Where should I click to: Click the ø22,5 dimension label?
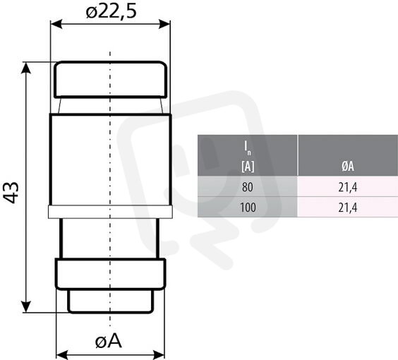[111, 12]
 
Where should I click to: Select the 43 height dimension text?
[12, 193]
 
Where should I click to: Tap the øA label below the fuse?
[109, 341]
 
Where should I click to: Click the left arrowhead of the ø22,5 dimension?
[56, 25]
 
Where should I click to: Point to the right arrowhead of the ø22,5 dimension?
[164, 25]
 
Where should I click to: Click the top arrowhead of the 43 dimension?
[26, 68]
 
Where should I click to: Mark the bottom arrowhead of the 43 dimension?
[26, 307]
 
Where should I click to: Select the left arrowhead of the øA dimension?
[61, 354]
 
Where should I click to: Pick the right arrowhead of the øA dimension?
[159, 354]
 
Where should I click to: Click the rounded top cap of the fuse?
[110, 80]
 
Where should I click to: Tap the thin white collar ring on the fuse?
[110, 212]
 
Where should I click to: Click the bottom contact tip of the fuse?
[110, 301]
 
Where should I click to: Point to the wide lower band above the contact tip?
[110, 274]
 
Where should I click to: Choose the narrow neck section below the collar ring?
[109, 238]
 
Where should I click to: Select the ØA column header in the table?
[348, 167]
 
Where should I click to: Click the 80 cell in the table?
[248, 187]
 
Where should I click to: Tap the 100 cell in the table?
[248, 208]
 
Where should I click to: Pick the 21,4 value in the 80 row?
[348, 187]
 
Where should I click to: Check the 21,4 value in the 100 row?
[348, 208]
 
